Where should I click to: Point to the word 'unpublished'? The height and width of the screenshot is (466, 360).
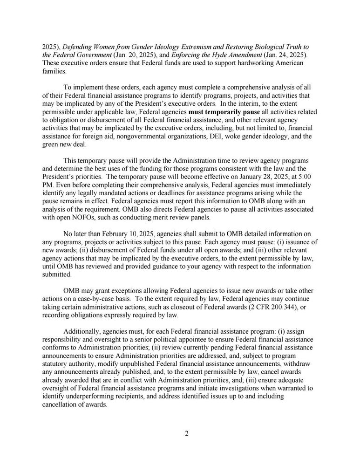140,364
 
